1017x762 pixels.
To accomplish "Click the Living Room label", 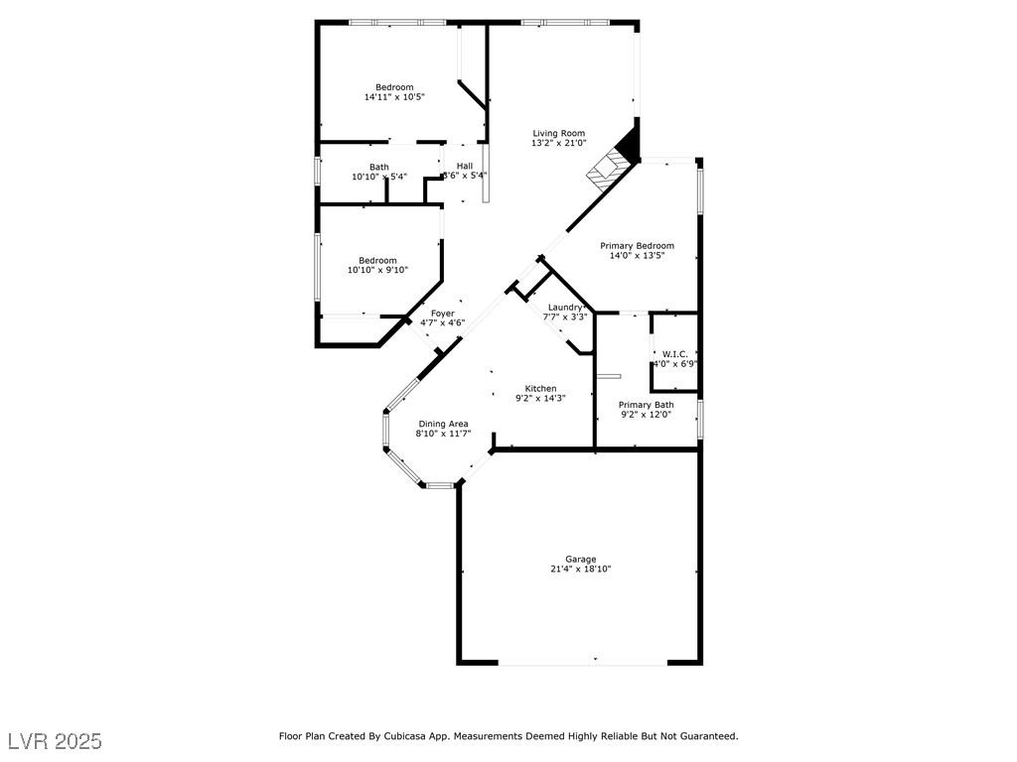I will pyautogui.click(x=558, y=133).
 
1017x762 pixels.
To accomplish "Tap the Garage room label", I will pyautogui.click(x=581, y=559).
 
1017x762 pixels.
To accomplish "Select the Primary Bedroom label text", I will pyautogui.click(x=637, y=245).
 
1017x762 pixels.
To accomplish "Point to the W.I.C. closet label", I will pyautogui.click(x=675, y=353).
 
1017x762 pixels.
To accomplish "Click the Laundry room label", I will pyautogui.click(x=565, y=307).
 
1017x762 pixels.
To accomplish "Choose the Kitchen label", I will pyautogui.click(x=540, y=388).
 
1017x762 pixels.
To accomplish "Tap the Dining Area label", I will pyautogui.click(x=443, y=423).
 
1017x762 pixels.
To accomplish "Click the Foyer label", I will pyautogui.click(x=442, y=313).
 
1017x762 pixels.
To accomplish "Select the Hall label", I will pyautogui.click(x=465, y=166).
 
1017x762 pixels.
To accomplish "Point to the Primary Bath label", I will pyautogui.click(x=646, y=404).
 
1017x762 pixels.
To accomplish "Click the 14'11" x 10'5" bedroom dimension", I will pyautogui.click(x=394, y=97).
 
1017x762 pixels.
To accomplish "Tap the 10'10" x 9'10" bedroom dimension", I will pyautogui.click(x=377, y=270).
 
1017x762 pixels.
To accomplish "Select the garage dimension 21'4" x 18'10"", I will pyautogui.click(x=581, y=570).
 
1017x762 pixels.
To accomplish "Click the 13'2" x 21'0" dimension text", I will pyautogui.click(x=558, y=143).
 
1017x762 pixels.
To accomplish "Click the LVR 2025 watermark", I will pyautogui.click(x=56, y=741).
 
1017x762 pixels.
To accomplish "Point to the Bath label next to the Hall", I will pyautogui.click(x=379, y=167).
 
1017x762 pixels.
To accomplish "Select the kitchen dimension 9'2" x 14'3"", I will pyautogui.click(x=540, y=398).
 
